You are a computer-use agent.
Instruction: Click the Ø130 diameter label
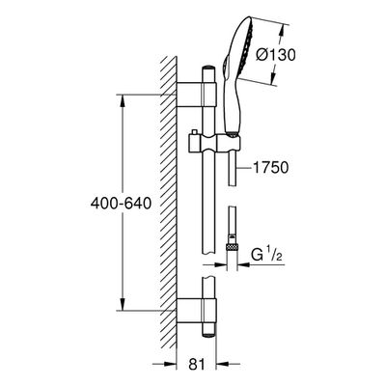[x=276, y=55]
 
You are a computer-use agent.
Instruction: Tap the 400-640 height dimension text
[x=121, y=204]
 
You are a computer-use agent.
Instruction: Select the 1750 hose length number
[x=271, y=168]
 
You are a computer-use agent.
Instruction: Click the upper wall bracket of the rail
[x=197, y=95]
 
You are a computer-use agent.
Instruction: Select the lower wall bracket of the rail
[x=197, y=311]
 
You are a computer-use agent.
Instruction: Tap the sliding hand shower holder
[x=213, y=144]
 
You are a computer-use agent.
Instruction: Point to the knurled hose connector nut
[x=232, y=248]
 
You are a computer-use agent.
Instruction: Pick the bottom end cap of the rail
[x=208, y=334]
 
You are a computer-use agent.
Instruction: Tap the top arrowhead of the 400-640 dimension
[x=123, y=100]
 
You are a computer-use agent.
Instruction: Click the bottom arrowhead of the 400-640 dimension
[x=123, y=304]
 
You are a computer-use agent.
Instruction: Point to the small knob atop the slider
[x=194, y=132]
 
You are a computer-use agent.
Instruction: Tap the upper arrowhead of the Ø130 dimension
[x=281, y=30]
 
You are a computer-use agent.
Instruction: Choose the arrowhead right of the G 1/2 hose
[x=243, y=264]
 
